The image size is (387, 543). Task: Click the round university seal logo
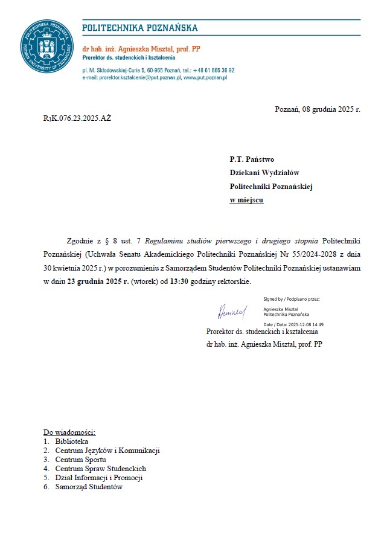pyautogui.click(x=47, y=47)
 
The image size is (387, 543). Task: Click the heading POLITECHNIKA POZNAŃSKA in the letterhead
pyautogui.click(x=139, y=28)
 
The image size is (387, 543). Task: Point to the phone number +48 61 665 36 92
pyautogui.click(x=214, y=71)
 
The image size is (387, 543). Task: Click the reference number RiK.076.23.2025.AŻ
pyautogui.click(x=77, y=118)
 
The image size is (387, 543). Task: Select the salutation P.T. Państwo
pyautogui.click(x=252, y=160)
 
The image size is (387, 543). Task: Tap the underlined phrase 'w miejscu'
pyautogui.click(x=246, y=200)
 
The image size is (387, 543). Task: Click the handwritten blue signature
pyautogui.click(x=232, y=312)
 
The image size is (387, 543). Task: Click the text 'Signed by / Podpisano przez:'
pyautogui.click(x=292, y=299)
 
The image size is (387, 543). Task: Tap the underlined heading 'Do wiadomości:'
pyautogui.click(x=69, y=432)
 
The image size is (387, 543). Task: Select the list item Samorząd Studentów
pyautogui.click(x=89, y=487)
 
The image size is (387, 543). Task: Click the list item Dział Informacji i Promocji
pyautogui.click(x=99, y=478)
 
